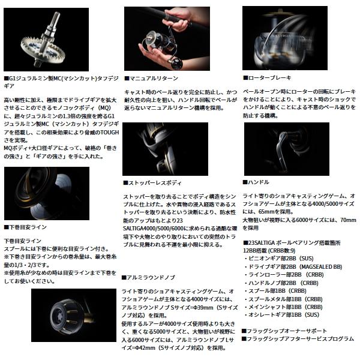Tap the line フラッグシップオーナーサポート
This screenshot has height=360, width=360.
(x=284, y=331)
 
